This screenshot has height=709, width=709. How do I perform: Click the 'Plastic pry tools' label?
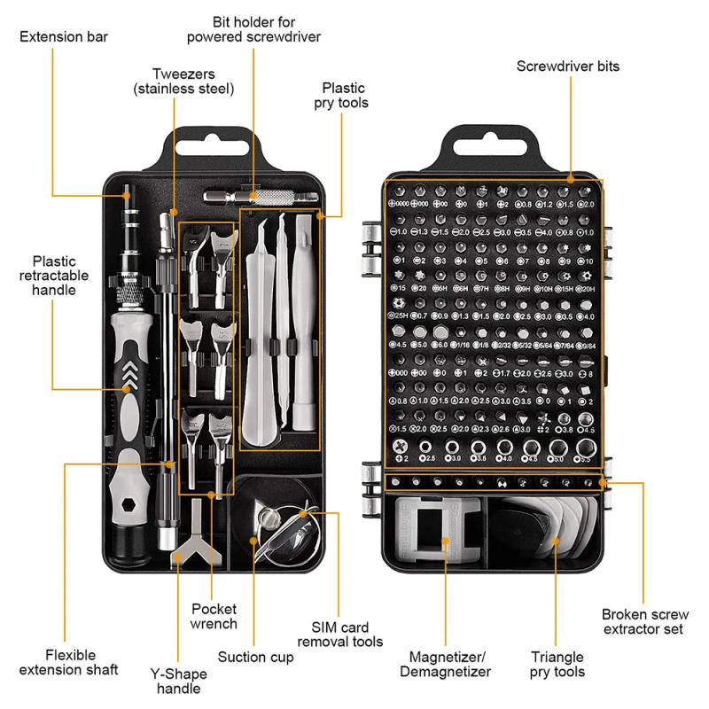pyautogui.click(x=344, y=96)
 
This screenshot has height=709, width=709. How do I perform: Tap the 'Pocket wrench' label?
pyautogui.click(x=214, y=616)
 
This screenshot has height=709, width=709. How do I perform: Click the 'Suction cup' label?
pyautogui.click(x=255, y=657)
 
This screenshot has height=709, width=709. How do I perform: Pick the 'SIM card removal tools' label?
pyautogui.click(x=340, y=634)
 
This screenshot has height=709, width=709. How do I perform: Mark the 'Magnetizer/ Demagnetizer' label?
pyautogui.click(x=449, y=665)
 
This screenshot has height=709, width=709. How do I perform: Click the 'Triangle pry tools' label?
pyautogui.click(x=557, y=665)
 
